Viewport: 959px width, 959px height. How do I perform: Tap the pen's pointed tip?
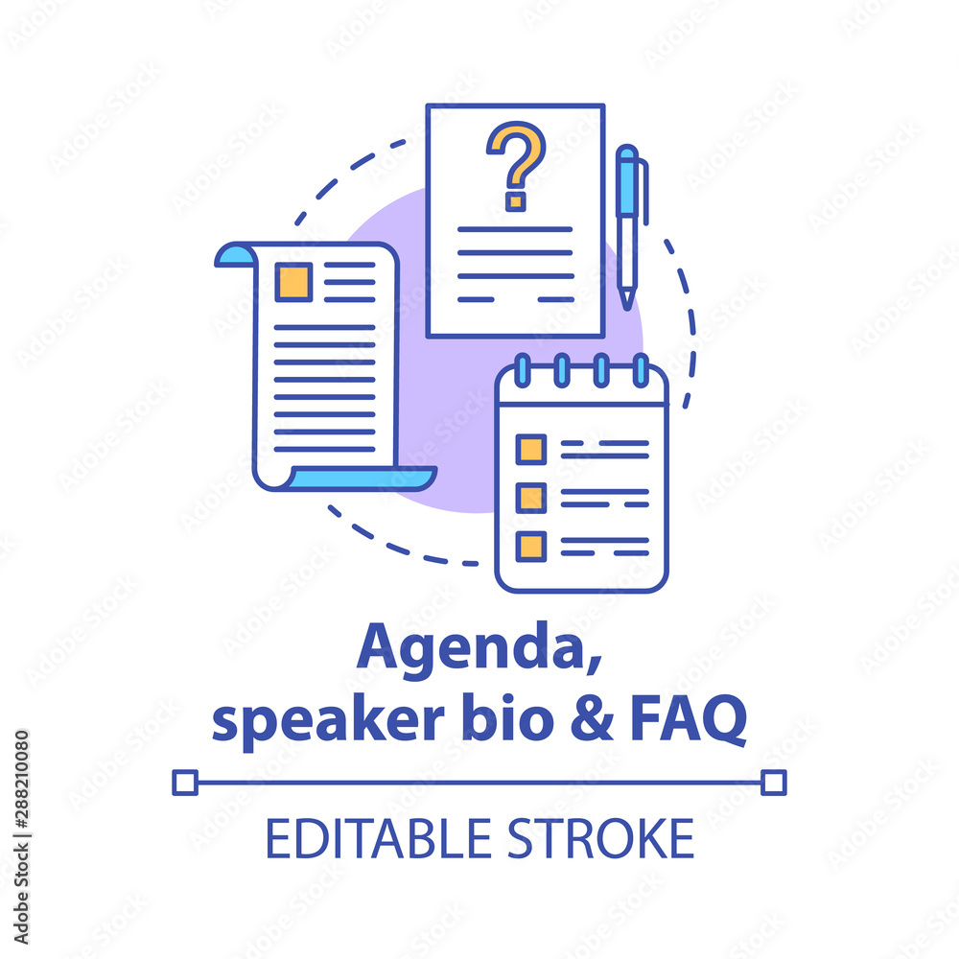coord(627,308)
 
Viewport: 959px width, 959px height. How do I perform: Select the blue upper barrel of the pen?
coord(627,181)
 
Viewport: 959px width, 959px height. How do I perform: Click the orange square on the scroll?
coord(293,282)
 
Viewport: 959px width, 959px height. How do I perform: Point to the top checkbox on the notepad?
coord(531,450)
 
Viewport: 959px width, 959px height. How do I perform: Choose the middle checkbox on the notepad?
coord(531,497)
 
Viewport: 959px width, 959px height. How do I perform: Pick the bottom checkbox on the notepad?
coord(531,547)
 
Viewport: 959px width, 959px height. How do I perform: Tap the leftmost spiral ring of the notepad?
coord(523,370)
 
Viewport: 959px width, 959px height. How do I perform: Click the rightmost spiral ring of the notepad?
coord(641,370)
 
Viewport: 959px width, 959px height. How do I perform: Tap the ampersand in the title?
coord(592,717)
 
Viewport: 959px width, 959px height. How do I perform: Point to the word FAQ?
coord(689,719)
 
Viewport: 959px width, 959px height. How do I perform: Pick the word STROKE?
coord(601,838)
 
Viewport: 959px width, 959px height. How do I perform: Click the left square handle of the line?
coord(185,783)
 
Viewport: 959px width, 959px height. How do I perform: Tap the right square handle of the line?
coord(774,783)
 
